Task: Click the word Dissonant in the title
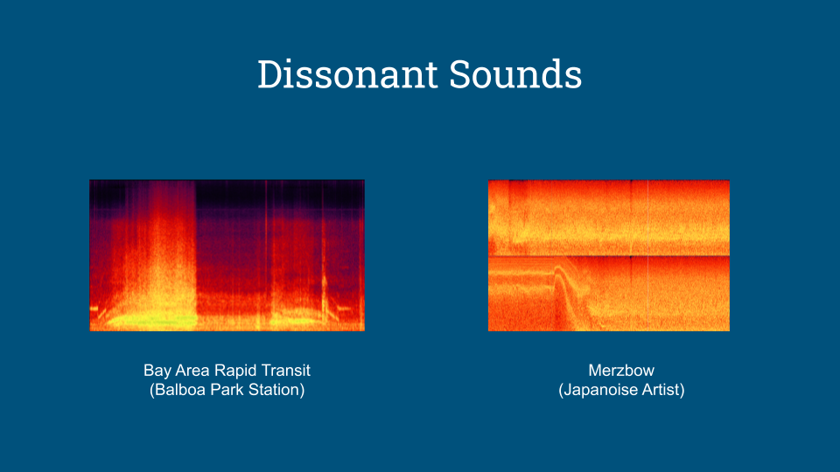coord(347,73)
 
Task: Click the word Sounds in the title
coord(515,73)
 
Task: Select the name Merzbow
coord(621,371)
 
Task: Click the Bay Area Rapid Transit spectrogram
coord(227,255)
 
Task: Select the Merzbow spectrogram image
coord(609,255)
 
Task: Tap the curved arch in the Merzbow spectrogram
coord(562,273)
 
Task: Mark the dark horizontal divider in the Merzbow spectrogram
coord(609,255)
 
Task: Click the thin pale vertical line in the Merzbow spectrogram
coord(647,255)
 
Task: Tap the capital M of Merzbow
coord(594,371)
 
